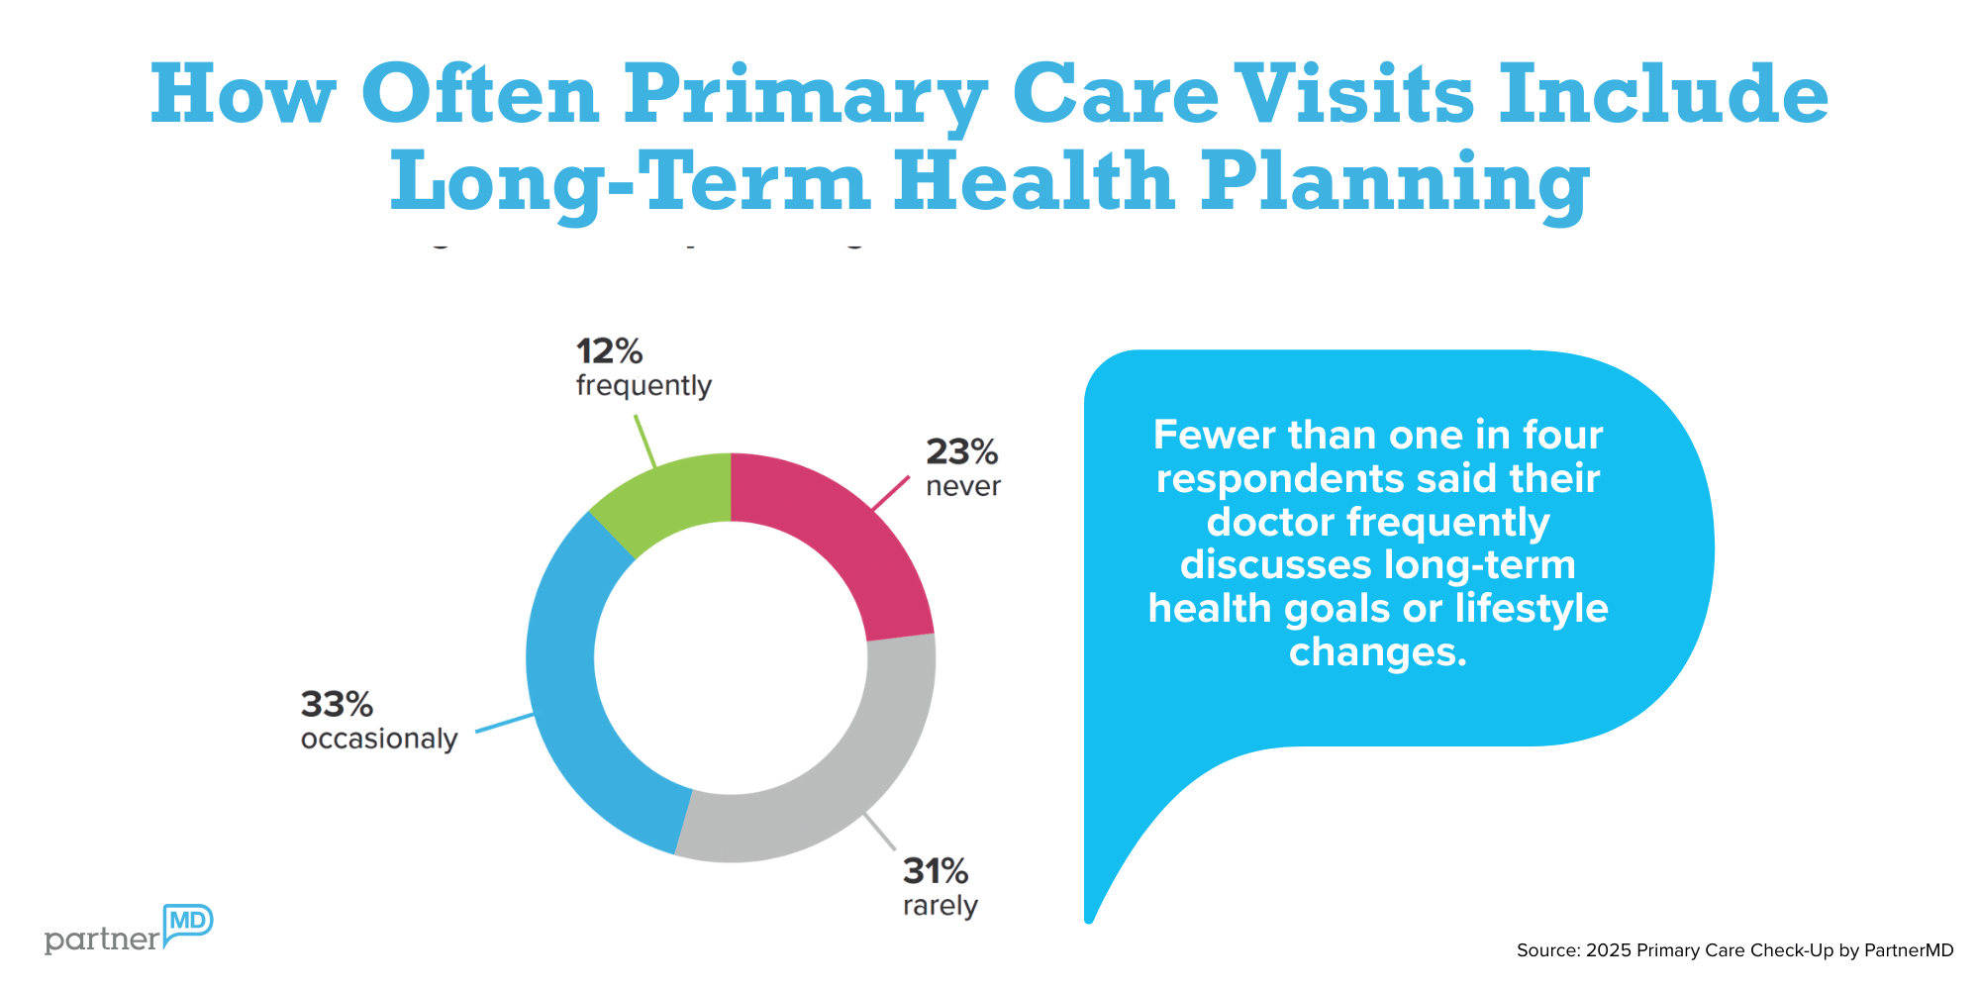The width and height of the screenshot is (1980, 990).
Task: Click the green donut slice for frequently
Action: [x=673, y=495]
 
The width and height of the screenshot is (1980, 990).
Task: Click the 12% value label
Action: [x=609, y=351]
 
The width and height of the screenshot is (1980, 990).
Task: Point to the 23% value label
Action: [x=961, y=452]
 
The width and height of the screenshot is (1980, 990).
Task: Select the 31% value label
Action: [x=935, y=871]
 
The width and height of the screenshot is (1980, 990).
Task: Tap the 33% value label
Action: [x=337, y=705]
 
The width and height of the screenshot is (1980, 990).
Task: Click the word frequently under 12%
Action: [x=643, y=385]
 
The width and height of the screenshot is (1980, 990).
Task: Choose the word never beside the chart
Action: [x=962, y=486]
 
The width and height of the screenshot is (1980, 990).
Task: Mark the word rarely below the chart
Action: [x=940, y=906]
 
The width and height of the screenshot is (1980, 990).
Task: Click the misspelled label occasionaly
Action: [x=379, y=740]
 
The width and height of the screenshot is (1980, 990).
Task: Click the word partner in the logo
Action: [x=102, y=940]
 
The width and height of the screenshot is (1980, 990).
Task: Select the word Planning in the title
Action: [x=1395, y=182]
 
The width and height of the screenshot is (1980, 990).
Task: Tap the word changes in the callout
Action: [x=1377, y=651]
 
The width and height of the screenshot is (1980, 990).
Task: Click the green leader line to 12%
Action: [x=643, y=441]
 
